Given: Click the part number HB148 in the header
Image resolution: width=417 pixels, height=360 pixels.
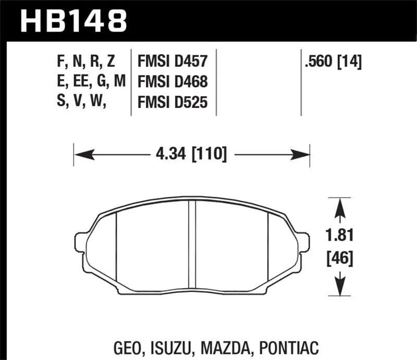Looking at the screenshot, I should pyautogui.click(x=73, y=21).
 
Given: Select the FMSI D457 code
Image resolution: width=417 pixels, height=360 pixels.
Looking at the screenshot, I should pyautogui.click(x=173, y=63).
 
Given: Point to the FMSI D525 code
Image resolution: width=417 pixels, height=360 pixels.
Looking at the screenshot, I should pyautogui.click(x=173, y=103).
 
